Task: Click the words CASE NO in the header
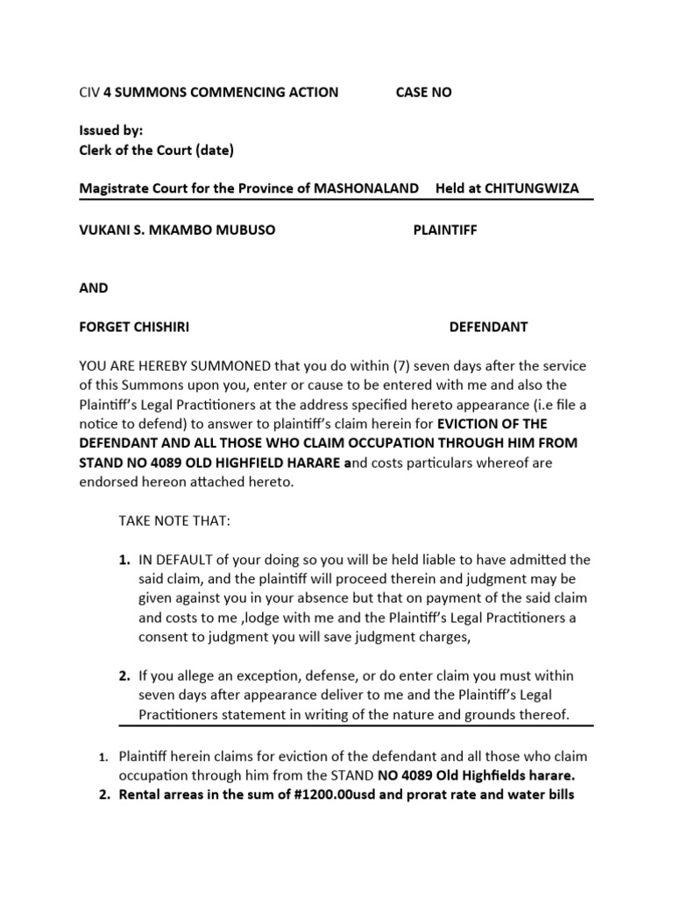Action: pos(424,92)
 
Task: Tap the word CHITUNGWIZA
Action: pos(526,188)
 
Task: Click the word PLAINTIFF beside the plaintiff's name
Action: pos(445,230)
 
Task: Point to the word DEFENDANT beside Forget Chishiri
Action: pos(488,327)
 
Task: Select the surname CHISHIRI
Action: pos(158,327)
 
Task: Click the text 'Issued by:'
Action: pos(110,130)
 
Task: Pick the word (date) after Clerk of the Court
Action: pos(215,150)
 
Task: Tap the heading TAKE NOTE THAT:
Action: pos(174,521)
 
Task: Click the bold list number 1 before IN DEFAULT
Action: pos(125,560)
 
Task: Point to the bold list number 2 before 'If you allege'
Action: pos(125,676)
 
